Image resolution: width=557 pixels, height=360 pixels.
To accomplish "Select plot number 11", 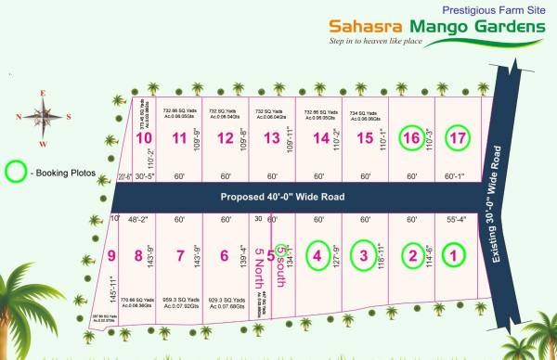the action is (x=179, y=139).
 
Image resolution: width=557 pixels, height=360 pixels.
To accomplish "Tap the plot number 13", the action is (x=271, y=139).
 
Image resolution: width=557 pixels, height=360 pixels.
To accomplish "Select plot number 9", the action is (x=111, y=256).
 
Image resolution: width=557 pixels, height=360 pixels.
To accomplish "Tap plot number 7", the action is (x=180, y=256).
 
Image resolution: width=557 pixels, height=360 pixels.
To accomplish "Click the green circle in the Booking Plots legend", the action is (x=16, y=172).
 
